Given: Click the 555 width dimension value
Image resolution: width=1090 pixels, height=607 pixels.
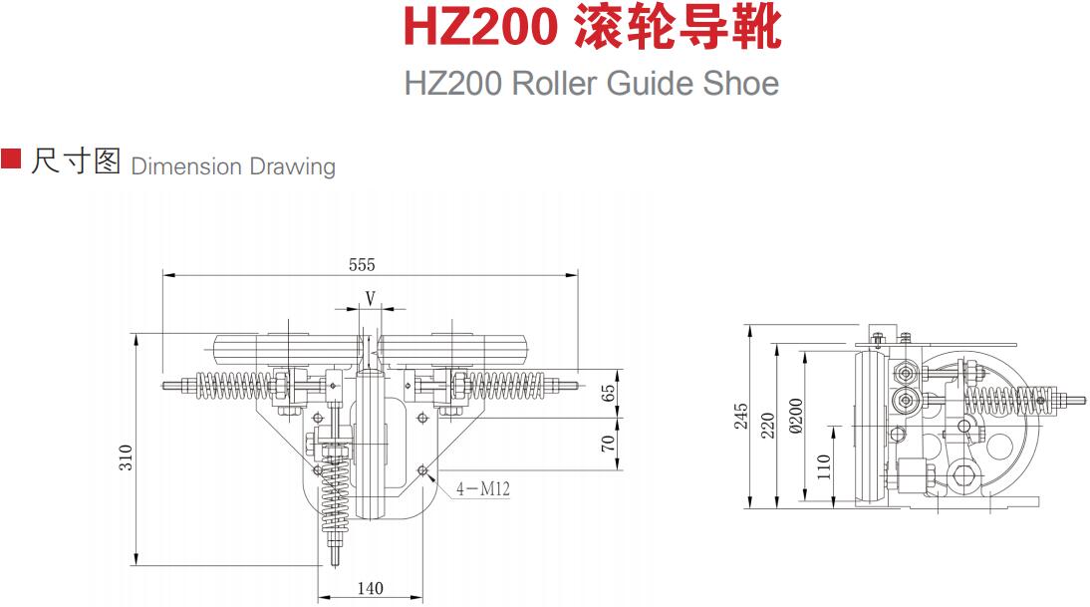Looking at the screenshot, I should (x=362, y=265).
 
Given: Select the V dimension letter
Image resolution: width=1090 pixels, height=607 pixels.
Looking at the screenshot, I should (x=370, y=297).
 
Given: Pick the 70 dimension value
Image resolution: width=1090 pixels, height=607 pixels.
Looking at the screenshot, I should (x=609, y=442).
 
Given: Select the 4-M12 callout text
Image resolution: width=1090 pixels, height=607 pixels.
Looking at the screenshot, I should (x=483, y=488).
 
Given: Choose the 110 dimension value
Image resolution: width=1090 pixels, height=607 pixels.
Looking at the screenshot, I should (x=824, y=465).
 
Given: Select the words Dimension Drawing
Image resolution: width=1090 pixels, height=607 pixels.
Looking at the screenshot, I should (x=233, y=166).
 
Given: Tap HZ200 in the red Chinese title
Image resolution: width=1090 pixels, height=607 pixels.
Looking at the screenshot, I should (x=479, y=27).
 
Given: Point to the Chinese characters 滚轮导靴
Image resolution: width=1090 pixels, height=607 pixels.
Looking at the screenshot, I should (x=678, y=27).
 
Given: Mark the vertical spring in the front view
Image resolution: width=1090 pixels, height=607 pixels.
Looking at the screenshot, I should (x=333, y=498).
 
